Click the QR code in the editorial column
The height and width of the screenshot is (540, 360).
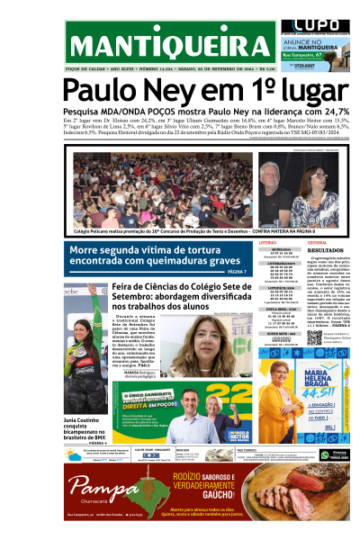[314, 338]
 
